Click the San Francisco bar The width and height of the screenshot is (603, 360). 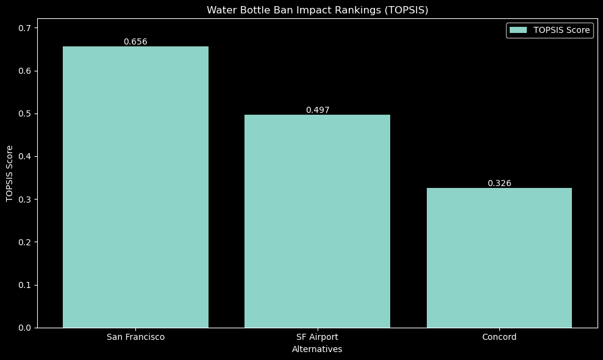pos(135,187)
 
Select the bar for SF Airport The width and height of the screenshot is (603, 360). pos(317,221)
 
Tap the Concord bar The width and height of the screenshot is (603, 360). pos(499,257)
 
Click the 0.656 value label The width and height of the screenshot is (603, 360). pos(135,42)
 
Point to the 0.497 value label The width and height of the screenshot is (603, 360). pos(317,110)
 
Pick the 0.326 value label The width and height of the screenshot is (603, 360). pos(499,183)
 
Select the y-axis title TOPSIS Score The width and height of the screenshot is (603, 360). pos(9,173)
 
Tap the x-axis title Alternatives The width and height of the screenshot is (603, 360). pos(317,350)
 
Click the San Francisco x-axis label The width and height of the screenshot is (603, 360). pos(135,337)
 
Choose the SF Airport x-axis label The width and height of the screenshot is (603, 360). pos(317,337)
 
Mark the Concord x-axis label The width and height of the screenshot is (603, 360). pos(499,337)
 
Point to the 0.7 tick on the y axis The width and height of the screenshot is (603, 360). pos(25,28)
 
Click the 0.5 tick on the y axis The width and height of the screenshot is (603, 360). pos(25,113)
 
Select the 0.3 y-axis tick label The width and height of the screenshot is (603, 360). pos(25,200)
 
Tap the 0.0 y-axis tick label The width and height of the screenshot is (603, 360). pos(25,328)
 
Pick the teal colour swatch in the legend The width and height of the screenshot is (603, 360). pos(518,31)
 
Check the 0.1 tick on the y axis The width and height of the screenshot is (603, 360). pos(25,285)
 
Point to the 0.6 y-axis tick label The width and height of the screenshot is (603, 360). pos(25,71)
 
